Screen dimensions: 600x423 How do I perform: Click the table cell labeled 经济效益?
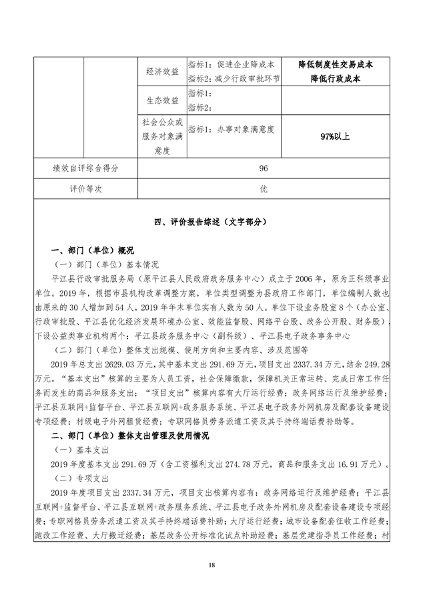[161, 71]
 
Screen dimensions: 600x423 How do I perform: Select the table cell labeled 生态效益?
[161, 100]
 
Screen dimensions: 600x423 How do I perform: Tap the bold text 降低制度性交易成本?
[335, 65]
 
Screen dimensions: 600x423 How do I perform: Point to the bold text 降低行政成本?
[335, 78]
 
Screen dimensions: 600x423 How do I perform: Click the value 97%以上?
[335, 137]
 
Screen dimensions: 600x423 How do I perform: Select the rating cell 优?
[263, 189]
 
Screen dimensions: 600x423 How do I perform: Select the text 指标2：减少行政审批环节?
[234, 78]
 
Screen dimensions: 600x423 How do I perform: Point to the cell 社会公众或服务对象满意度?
[161, 137]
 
